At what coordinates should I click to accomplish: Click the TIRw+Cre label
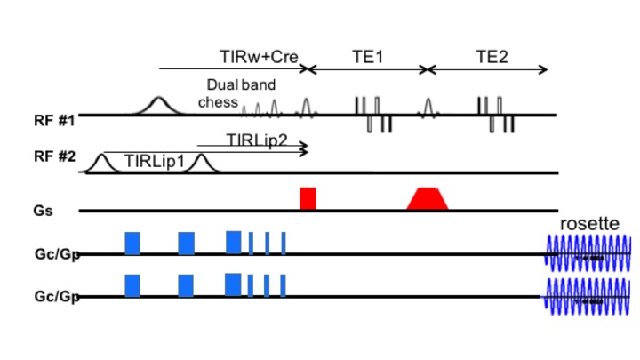[x=258, y=55]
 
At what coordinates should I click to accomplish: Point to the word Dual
[x=222, y=85]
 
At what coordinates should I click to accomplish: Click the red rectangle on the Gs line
[x=308, y=198]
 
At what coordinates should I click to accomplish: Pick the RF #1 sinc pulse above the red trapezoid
[x=428, y=107]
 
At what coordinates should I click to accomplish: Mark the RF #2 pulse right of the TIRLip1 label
[x=200, y=163]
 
